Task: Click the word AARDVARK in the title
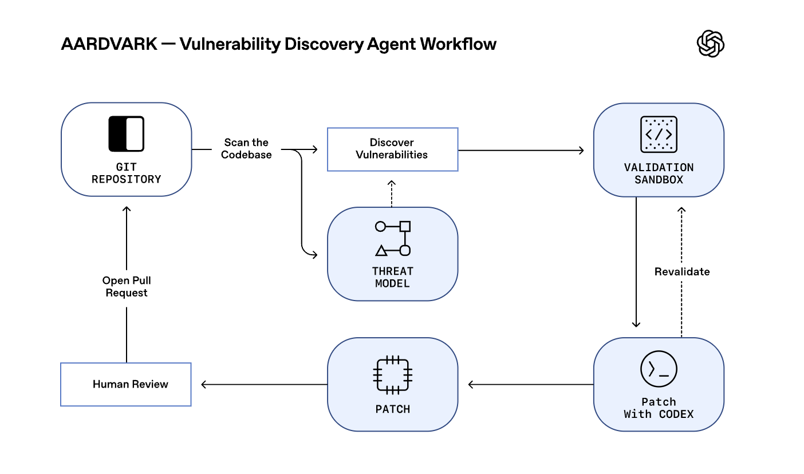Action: (x=109, y=44)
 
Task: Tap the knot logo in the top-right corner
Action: (x=710, y=44)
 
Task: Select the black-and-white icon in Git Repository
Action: (x=126, y=134)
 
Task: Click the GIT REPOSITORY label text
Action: (x=126, y=173)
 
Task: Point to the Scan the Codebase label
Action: (x=246, y=148)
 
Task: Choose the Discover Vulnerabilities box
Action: (x=392, y=149)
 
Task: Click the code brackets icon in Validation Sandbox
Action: (x=659, y=135)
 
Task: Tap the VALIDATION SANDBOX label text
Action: (x=659, y=173)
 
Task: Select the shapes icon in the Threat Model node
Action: (x=393, y=238)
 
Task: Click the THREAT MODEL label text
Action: (x=393, y=277)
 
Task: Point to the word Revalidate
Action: (x=681, y=271)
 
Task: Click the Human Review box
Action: (x=126, y=384)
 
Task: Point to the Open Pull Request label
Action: (x=127, y=286)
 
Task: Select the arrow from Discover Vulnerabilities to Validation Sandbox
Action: (x=521, y=150)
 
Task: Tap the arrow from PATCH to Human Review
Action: (x=263, y=384)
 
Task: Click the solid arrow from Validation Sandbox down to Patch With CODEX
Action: (x=636, y=263)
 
